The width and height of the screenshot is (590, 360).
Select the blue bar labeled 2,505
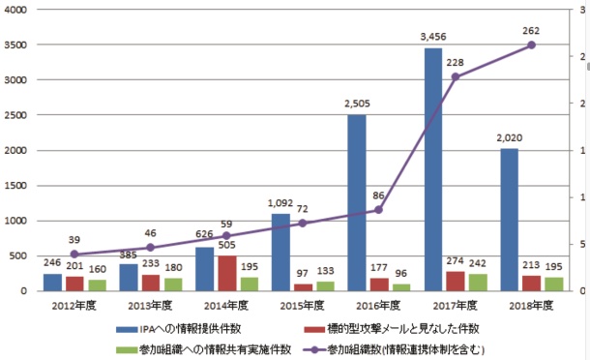tap(356, 203)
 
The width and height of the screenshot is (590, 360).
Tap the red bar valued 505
tap(226, 273)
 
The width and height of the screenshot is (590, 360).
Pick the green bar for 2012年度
tap(96, 285)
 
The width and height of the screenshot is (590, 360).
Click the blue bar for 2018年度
tap(508, 220)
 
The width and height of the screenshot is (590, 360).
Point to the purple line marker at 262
tap(531, 45)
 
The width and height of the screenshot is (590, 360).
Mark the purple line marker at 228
tap(455, 76)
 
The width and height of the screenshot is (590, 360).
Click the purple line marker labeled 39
tap(74, 255)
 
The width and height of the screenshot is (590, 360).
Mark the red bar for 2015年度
tap(303, 286)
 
